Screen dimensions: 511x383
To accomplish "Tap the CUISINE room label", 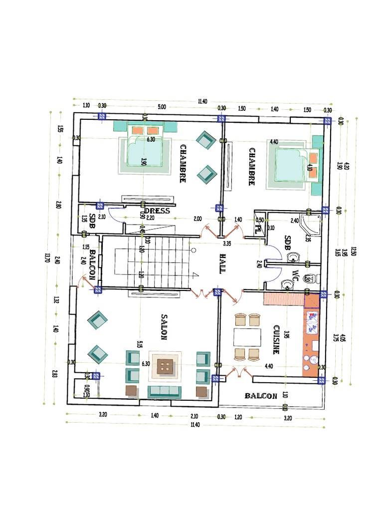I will (276, 339).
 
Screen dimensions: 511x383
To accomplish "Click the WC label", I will (295, 275).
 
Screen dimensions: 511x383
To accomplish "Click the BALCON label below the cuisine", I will (260, 396).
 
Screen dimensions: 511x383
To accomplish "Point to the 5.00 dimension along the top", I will (162, 106).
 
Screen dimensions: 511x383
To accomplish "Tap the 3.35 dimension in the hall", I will (227, 244).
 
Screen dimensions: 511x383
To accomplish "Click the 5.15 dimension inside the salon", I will (140, 345).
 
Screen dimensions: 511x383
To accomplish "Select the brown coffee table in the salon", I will (164, 368).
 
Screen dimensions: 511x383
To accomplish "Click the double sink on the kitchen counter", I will (312, 322).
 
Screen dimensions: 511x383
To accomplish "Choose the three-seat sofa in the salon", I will (165, 391).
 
